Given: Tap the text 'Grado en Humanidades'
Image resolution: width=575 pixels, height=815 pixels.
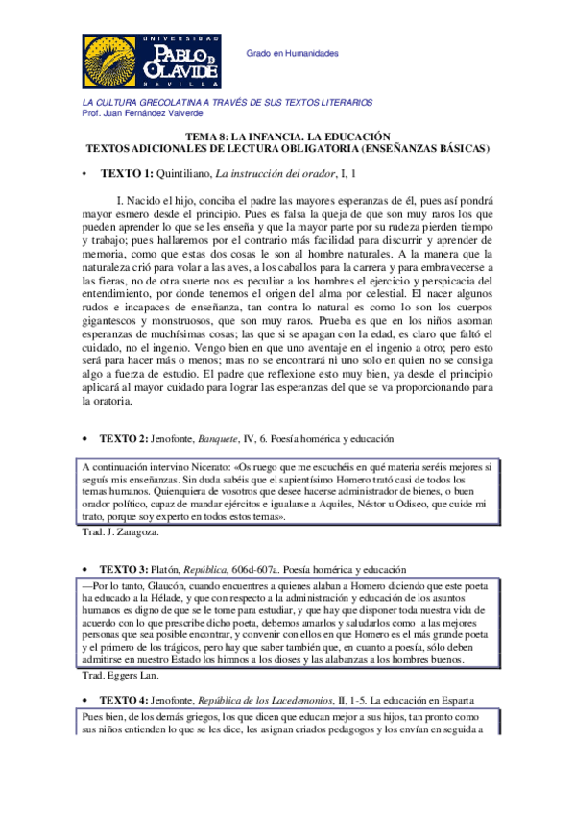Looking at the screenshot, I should [x=294, y=53].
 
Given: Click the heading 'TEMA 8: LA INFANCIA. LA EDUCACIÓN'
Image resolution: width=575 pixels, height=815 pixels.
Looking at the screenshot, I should [x=287, y=137].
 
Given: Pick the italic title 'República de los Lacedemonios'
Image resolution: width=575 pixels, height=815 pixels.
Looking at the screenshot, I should [x=287, y=699].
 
